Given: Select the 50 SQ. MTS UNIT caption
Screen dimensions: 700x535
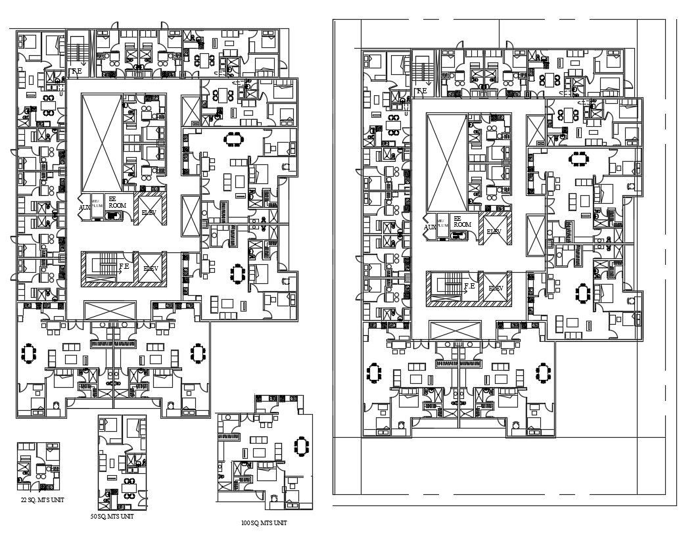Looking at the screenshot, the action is point(112,517).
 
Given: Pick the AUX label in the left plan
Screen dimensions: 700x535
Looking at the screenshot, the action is point(84,207).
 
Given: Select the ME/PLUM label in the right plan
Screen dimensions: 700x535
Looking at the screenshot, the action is point(443,223).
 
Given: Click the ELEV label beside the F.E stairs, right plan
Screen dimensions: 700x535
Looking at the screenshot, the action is point(496,288).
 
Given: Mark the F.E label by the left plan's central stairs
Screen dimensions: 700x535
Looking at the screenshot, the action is point(124,267).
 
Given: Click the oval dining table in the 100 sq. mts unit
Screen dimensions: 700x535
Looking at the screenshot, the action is point(302,446).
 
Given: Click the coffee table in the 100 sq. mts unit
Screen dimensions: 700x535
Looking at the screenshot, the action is point(259,452).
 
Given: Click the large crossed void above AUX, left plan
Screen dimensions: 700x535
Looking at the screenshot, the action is point(101,142).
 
